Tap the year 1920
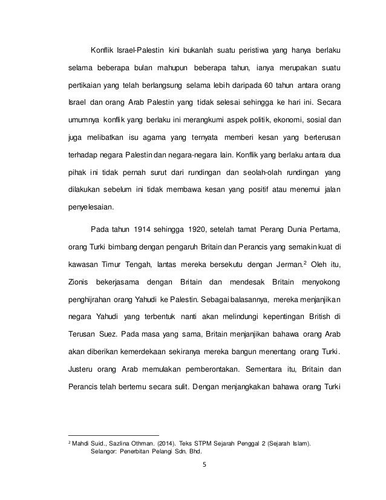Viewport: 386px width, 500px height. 197,230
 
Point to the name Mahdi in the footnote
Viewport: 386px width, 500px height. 81,444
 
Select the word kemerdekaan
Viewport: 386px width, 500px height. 130,350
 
